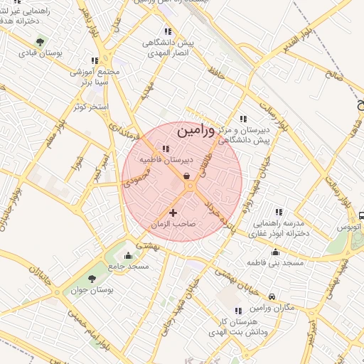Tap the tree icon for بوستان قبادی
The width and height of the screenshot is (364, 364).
[x=39, y=41]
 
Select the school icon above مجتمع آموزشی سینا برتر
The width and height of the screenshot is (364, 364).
[x=95, y=60]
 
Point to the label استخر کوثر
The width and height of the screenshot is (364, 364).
[x=90, y=107]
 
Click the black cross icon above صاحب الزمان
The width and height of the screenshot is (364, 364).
[x=172, y=212]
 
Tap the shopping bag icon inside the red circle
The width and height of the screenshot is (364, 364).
[x=186, y=176]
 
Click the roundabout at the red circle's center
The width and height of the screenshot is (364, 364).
[x=190, y=186]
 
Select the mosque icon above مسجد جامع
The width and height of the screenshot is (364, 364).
[x=128, y=255]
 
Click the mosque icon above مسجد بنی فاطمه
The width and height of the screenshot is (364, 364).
[x=275, y=251]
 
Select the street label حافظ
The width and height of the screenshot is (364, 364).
[x=216, y=71]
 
